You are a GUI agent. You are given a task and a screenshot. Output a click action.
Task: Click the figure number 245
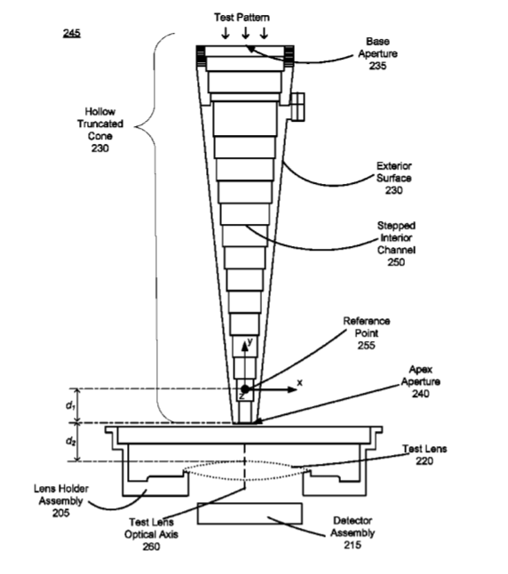click(72, 33)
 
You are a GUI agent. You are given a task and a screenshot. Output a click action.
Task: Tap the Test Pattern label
click(242, 17)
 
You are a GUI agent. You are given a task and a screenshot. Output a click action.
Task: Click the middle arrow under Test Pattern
click(246, 33)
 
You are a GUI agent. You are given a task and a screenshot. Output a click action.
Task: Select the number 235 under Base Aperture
click(377, 66)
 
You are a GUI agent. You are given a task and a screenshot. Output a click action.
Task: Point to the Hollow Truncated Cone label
click(100, 130)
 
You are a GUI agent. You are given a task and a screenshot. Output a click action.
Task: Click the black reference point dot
click(245, 389)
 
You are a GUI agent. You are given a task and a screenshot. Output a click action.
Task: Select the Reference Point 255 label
click(367, 333)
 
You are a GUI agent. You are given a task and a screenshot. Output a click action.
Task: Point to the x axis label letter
click(300, 383)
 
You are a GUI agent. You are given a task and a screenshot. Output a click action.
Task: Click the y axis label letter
click(250, 341)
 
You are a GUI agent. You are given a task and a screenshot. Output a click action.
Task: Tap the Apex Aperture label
click(421, 381)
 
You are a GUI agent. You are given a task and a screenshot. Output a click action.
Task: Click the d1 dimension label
click(70, 405)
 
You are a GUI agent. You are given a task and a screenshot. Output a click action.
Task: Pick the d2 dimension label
click(71, 441)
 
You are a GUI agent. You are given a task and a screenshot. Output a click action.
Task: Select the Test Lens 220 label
click(425, 455)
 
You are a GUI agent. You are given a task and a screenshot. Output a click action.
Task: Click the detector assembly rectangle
click(250, 514)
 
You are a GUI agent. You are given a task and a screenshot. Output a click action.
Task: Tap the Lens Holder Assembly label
click(61, 500)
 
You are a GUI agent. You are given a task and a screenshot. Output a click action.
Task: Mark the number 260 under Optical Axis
click(151, 546)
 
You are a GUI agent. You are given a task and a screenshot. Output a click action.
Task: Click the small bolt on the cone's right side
click(298, 106)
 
